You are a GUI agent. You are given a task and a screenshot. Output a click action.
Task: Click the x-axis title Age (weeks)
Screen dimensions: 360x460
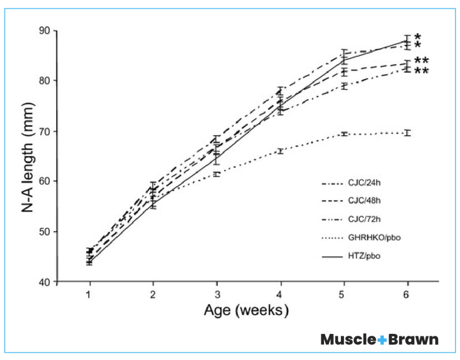pos(246,310)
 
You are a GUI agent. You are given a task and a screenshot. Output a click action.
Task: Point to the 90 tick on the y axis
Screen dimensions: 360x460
pos(46,31)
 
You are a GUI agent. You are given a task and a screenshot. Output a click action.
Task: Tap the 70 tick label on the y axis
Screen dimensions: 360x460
pos(46,131)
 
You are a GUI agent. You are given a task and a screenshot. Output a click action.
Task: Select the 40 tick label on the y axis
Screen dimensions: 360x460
pos(46,282)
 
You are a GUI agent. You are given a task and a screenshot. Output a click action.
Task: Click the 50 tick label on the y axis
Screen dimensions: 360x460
pos(46,231)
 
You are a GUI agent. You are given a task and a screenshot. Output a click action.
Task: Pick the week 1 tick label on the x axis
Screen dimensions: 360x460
pos(90,293)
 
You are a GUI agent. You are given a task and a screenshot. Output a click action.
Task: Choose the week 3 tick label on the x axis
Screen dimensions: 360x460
pos(217,293)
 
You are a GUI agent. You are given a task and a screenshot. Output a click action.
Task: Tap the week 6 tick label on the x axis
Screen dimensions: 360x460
pos(407,293)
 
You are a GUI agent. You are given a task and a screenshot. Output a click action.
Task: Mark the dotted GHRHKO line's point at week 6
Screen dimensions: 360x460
pos(407,133)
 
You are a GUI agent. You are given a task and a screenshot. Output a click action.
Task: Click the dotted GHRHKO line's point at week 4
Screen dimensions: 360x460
pos(281,151)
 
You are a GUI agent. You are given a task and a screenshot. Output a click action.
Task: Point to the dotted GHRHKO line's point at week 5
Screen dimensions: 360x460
pos(344,134)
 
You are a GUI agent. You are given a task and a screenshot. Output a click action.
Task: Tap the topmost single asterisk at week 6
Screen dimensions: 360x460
pos(418,37)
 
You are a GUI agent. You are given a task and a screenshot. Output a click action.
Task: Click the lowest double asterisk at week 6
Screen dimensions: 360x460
pos(421,71)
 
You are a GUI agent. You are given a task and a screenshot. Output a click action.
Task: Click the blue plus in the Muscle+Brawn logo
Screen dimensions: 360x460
pos(382,340)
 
